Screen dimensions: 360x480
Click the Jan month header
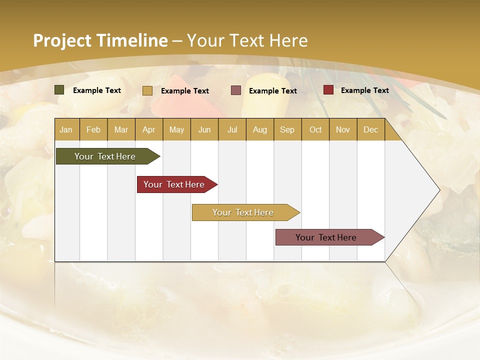[x=66, y=129]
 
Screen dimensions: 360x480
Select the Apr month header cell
[x=148, y=129]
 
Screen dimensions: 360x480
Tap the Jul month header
[x=232, y=129]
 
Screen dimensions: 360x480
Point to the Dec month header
[x=370, y=129]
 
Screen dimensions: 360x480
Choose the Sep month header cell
[x=287, y=129]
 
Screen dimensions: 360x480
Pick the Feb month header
[x=93, y=129]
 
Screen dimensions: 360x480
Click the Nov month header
[x=342, y=129]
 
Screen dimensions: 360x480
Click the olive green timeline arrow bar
[x=105, y=156]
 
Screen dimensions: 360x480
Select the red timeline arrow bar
[x=174, y=184]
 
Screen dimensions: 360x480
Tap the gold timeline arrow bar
[x=243, y=212]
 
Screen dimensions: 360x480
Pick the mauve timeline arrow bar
[x=326, y=237]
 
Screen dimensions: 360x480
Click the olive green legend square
[x=59, y=90]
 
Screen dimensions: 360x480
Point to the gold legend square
[x=147, y=90]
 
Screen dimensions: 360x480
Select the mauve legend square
[x=236, y=90]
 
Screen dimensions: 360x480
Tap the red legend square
[x=328, y=90]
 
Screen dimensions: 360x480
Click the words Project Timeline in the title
[x=100, y=40]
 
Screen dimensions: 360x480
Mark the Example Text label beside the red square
[x=364, y=90]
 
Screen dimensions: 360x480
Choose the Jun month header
[x=204, y=129]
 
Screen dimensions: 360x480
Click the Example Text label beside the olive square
[x=96, y=90]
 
